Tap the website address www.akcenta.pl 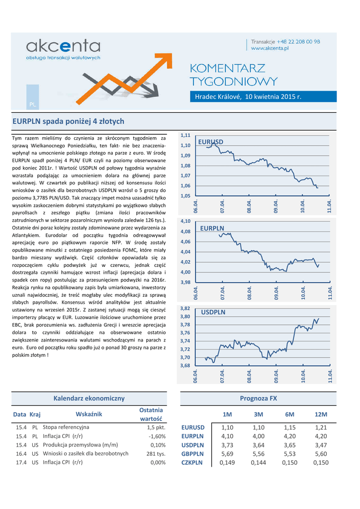pyautogui.click(x=271, y=49)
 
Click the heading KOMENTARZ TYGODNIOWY pyautogui.click(x=234, y=75)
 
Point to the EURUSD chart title pyautogui.click(x=211, y=142)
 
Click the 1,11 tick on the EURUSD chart pyautogui.click(x=185, y=135)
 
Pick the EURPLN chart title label pyautogui.click(x=212, y=228)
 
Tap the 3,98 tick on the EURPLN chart pyautogui.click(x=185, y=282)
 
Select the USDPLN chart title pyautogui.click(x=213, y=312)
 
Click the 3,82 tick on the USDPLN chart pyautogui.click(x=185, y=308)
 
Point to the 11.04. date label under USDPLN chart pyautogui.click(x=330, y=377)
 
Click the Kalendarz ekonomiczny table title pyautogui.click(x=89, y=398)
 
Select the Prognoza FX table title pyautogui.click(x=258, y=398)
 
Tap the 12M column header pyautogui.click(x=321, y=415)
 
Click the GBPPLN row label pyautogui.click(x=192, y=453)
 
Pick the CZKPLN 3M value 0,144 pyautogui.click(x=258, y=462)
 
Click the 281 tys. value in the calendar pyautogui.click(x=156, y=453)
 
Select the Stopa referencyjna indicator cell pyautogui.click(x=66, y=427)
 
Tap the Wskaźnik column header pyautogui.click(x=89, y=414)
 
